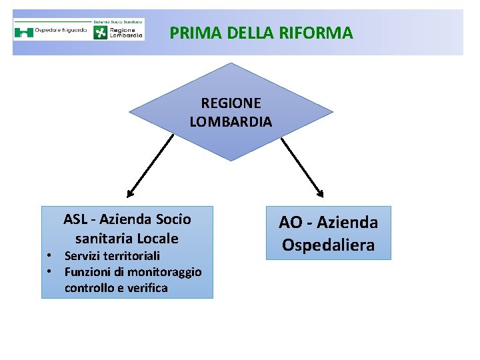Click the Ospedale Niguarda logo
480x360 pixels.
point(51,31)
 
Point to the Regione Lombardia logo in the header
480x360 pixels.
point(118,31)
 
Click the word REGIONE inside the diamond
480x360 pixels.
point(231,103)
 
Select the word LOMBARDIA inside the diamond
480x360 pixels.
point(231,122)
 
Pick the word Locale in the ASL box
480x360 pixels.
point(158,238)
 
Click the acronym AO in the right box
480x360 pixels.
point(290,223)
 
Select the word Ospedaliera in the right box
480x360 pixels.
point(328,245)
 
